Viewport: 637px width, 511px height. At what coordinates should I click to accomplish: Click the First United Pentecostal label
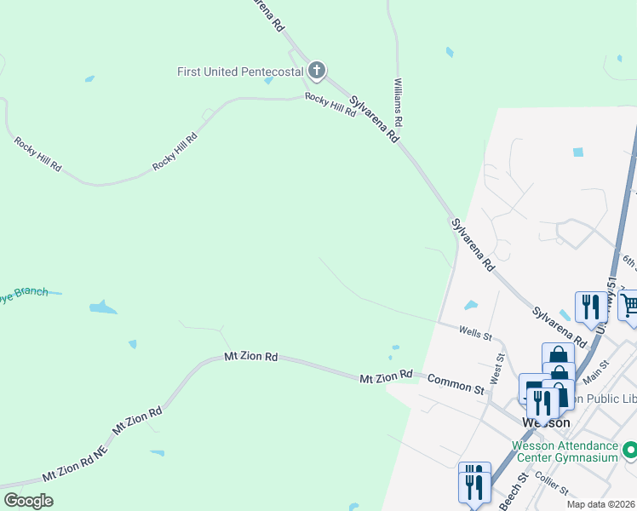(x=240, y=72)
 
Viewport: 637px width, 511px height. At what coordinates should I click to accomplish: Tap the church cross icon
(x=317, y=71)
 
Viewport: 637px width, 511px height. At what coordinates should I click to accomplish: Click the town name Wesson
(x=545, y=423)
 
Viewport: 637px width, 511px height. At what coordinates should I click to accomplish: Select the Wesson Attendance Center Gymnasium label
(x=565, y=451)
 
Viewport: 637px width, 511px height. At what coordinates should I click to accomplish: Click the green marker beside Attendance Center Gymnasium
(x=630, y=449)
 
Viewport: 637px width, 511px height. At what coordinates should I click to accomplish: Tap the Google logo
(x=28, y=501)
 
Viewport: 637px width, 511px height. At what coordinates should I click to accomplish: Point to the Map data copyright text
(x=600, y=504)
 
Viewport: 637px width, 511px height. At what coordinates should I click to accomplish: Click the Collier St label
(x=553, y=485)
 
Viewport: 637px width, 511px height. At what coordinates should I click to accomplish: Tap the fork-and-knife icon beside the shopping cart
(x=590, y=306)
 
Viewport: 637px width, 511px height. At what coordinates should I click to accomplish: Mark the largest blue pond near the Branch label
(x=102, y=307)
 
